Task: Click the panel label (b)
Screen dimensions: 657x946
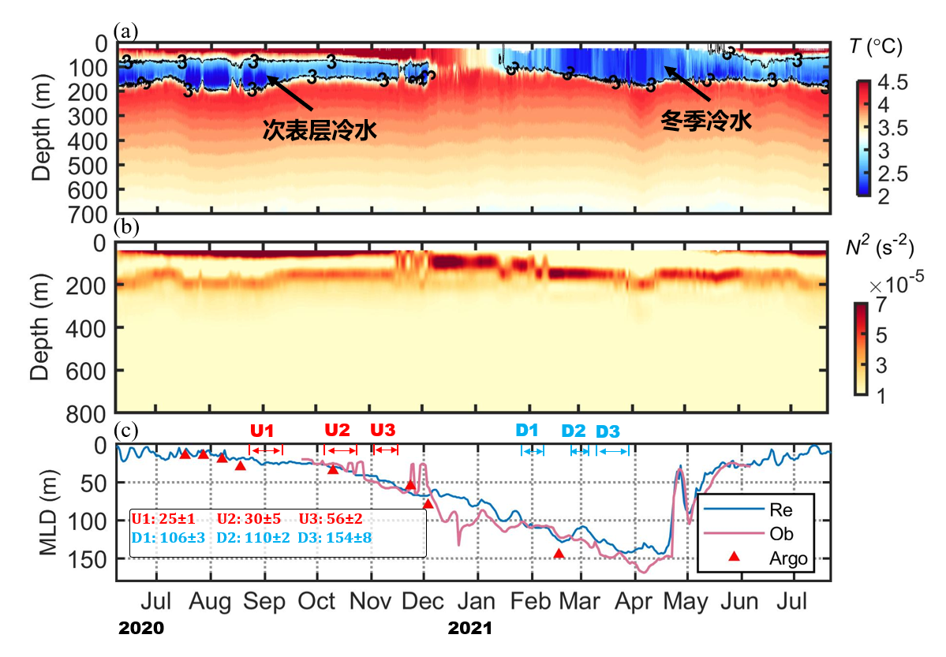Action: (126, 228)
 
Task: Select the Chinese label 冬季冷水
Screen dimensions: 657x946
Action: (705, 122)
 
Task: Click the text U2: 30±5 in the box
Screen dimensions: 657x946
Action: (249, 520)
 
